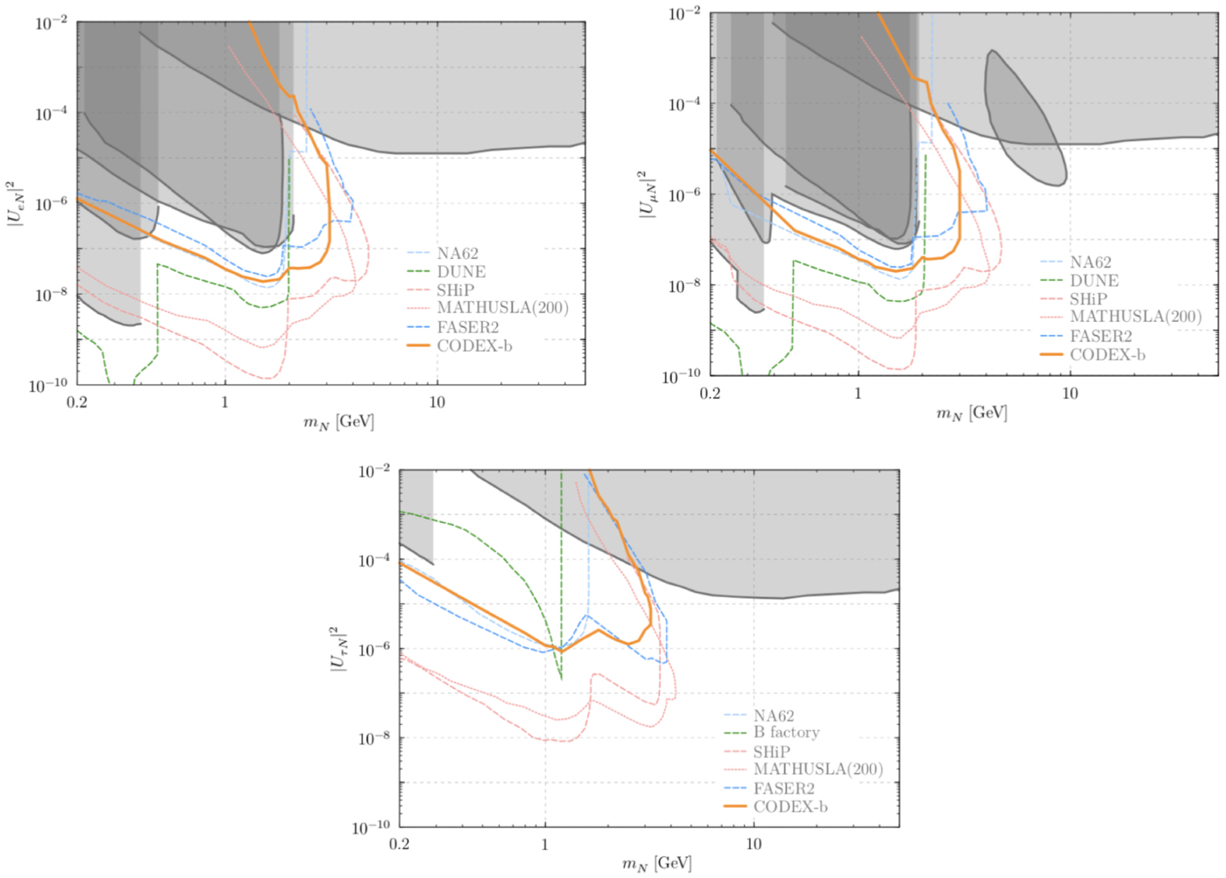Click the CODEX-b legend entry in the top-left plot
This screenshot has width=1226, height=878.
474,345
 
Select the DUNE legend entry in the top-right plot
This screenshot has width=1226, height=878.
1094,281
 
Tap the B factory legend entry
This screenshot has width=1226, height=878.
786,733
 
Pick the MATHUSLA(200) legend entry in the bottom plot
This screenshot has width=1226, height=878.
818,769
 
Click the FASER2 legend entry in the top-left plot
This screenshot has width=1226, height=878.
468,327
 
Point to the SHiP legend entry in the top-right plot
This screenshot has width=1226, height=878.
1088,299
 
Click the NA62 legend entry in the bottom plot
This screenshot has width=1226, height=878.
774,715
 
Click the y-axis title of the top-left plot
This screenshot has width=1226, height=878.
16,203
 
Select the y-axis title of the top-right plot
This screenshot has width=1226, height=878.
648,194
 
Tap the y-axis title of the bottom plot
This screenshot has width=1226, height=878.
339,649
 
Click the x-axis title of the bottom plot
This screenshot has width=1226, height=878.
657,864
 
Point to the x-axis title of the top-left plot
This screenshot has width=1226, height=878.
339,422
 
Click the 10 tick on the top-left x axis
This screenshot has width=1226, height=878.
436,402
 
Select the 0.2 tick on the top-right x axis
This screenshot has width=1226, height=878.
710,393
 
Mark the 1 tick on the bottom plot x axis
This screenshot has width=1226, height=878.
545,844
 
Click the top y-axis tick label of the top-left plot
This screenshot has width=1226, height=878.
51,23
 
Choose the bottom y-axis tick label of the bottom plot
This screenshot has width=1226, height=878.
371,827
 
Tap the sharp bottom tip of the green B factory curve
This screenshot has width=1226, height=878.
561,678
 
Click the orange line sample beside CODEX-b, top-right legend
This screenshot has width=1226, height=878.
1052,354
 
